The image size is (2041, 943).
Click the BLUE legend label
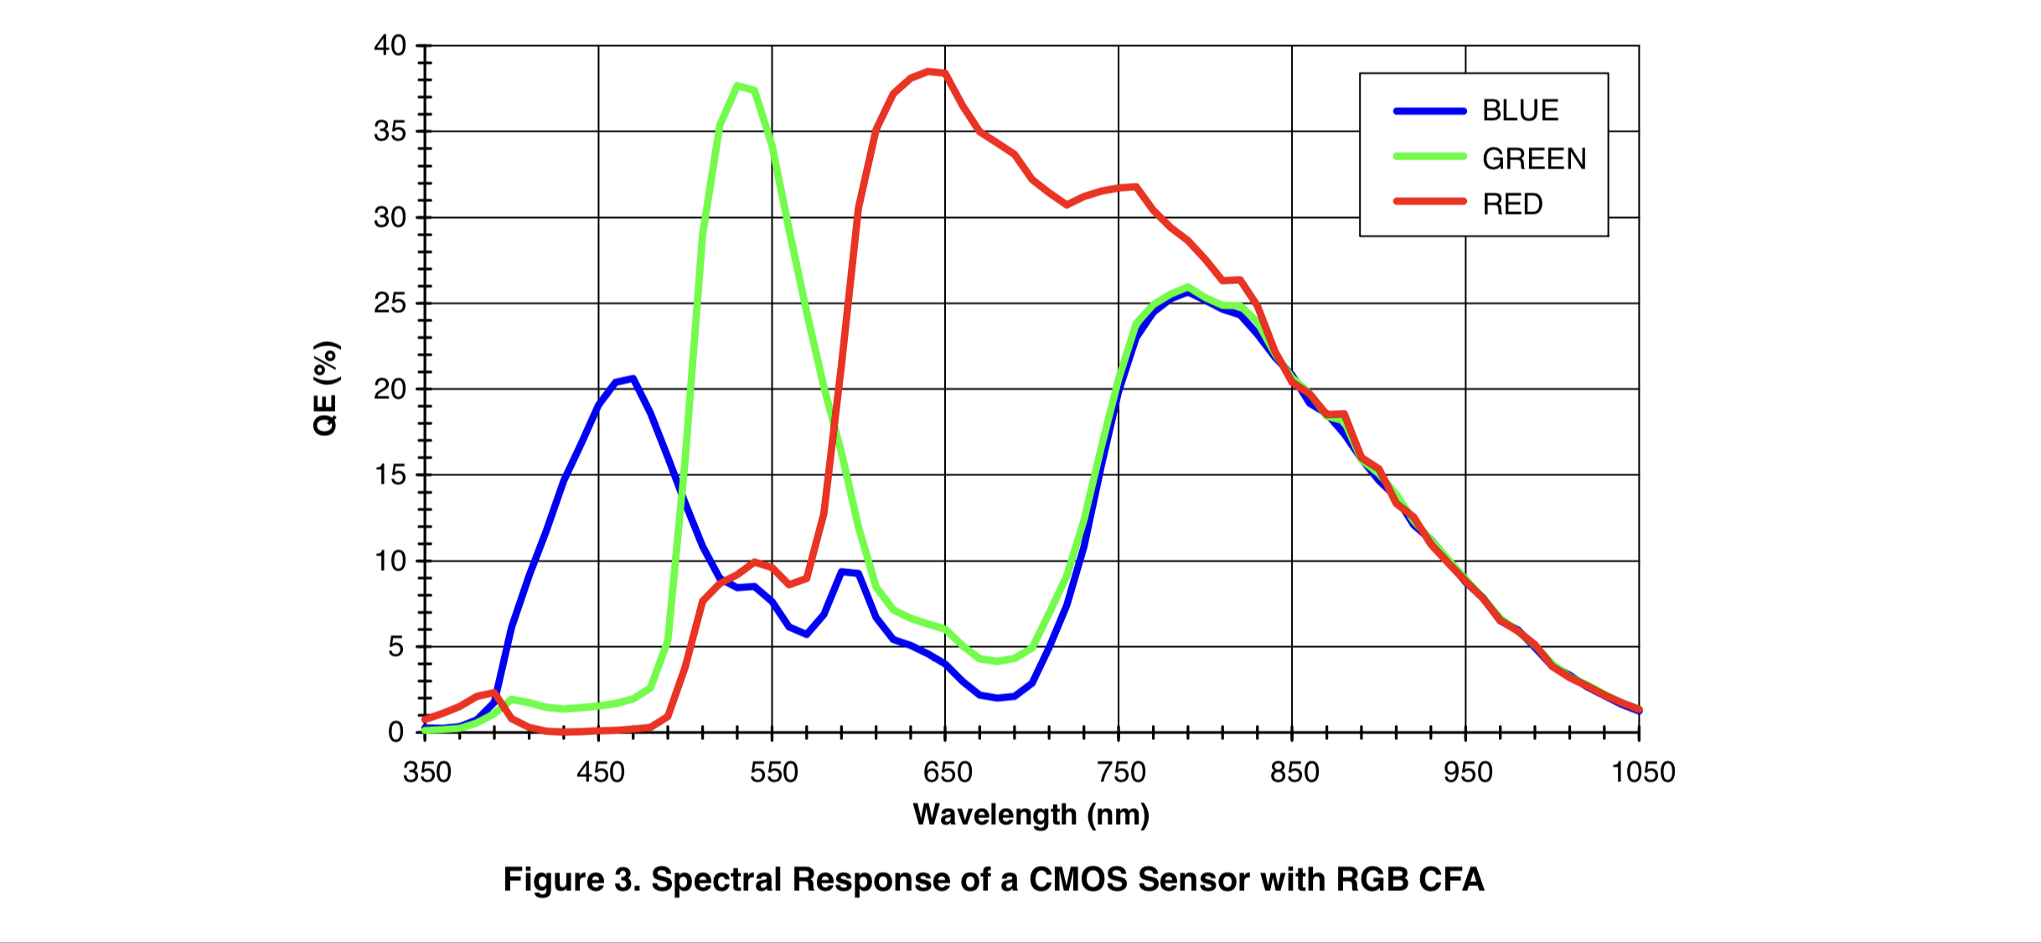[x=1520, y=111]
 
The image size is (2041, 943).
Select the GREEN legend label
[x=1534, y=158]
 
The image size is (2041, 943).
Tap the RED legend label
[x=1512, y=205]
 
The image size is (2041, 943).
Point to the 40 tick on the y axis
[x=390, y=46]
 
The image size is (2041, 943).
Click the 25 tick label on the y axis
[x=390, y=303]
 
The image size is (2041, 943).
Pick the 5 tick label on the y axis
[x=395, y=647]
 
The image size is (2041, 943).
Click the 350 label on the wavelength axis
[x=426, y=772]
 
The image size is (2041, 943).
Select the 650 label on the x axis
[x=947, y=772]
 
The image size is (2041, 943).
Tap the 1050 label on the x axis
[x=1642, y=772]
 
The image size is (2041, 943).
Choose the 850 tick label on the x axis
[x=1294, y=772]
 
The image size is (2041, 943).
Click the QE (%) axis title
[x=325, y=388]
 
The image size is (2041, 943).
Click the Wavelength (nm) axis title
[x=1031, y=815]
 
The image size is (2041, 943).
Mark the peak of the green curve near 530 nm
[x=737, y=85]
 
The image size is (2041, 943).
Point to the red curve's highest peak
[x=928, y=71]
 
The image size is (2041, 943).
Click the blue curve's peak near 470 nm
[x=633, y=378]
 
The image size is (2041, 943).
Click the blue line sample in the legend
[x=1429, y=111]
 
